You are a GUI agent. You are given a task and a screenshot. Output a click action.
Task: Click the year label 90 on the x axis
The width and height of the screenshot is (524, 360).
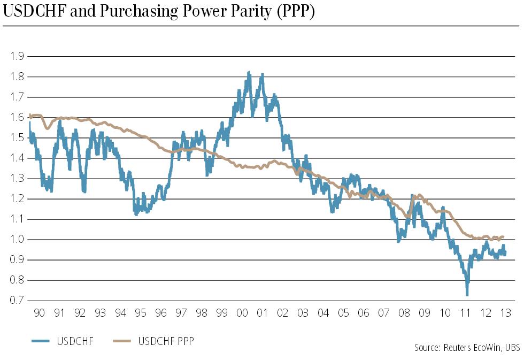[x=39, y=313]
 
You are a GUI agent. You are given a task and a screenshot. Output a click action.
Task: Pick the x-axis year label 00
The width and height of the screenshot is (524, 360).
[x=242, y=313]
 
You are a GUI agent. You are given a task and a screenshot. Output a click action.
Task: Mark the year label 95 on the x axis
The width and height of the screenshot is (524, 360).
[x=140, y=313]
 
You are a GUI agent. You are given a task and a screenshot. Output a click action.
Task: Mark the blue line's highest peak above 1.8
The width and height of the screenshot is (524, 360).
[x=249, y=72]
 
